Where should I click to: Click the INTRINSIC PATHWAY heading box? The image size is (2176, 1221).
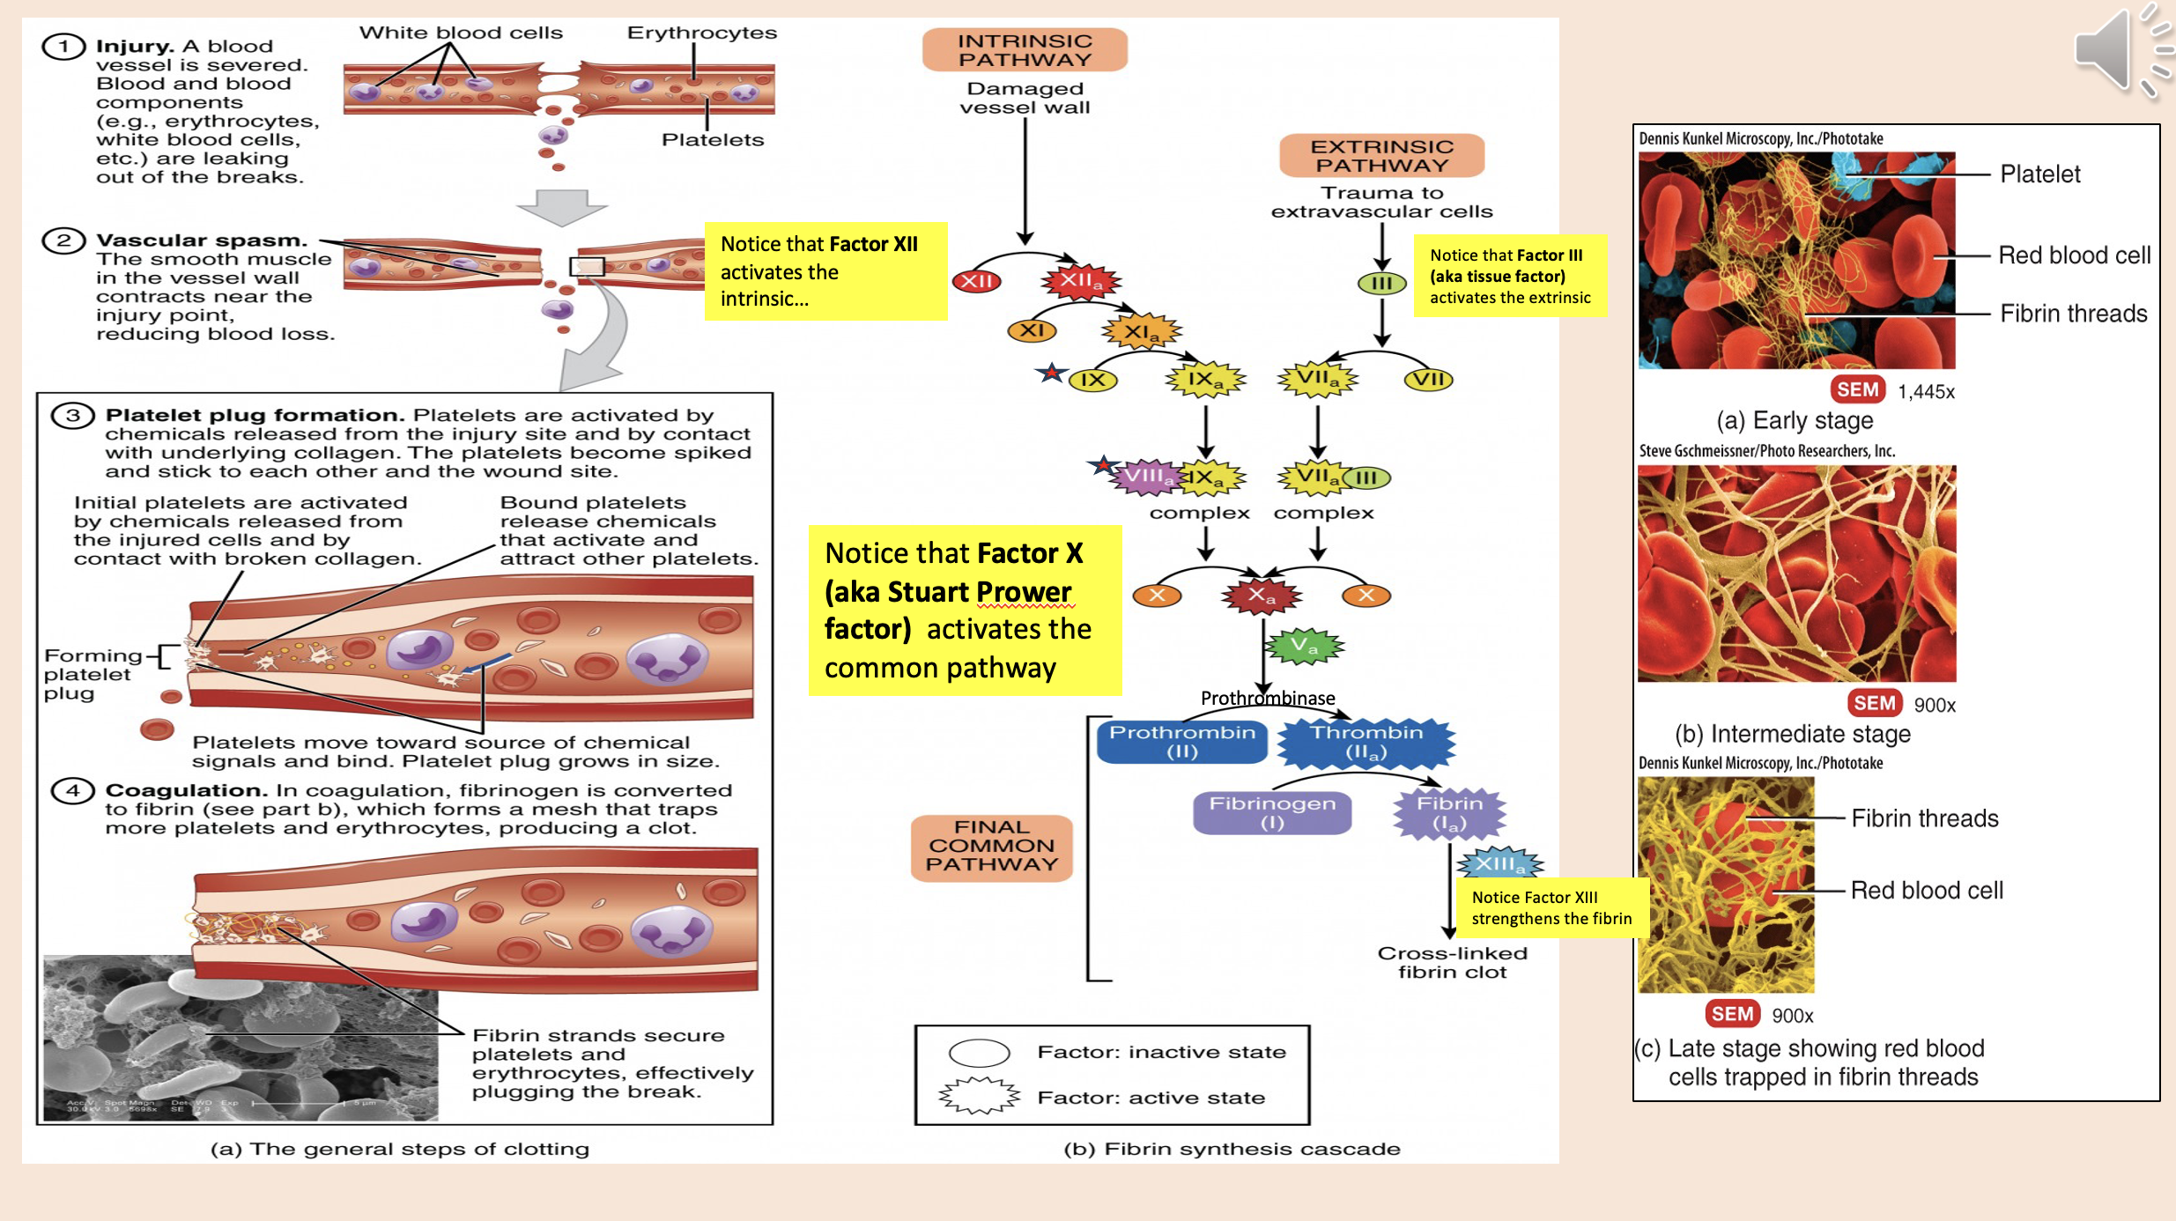click(x=1025, y=50)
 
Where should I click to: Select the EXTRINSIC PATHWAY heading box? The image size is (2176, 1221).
click(x=1381, y=156)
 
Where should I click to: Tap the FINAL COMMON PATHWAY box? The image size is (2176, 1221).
click(x=991, y=847)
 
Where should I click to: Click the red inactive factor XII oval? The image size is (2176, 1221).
click(x=976, y=282)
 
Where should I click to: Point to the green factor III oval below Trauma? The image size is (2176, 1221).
click(x=1381, y=284)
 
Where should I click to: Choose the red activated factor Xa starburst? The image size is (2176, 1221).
click(x=1261, y=596)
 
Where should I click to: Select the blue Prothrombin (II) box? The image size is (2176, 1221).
click(x=1181, y=742)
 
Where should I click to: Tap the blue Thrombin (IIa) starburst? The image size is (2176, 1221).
click(x=1366, y=743)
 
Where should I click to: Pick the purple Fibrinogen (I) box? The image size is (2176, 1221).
click(x=1271, y=813)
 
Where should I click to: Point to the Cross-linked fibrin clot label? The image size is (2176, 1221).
click(x=1452, y=963)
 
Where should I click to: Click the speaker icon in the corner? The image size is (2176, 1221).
click(x=2119, y=51)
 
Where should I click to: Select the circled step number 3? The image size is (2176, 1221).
click(x=73, y=416)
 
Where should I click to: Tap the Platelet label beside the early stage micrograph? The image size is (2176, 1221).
click(x=2039, y=174)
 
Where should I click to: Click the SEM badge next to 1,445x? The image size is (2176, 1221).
click(x=1857, y=390)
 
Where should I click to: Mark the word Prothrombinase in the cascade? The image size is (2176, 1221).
click(x=1267, y=699)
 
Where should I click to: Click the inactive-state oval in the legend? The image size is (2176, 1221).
click(x=979, y=1053)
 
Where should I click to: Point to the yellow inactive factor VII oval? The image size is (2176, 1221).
click(x=1428, y=380)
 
